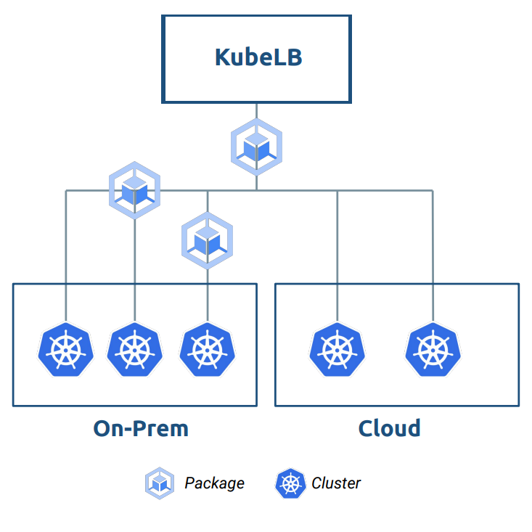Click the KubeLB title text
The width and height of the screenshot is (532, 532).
click(x=258, y=57)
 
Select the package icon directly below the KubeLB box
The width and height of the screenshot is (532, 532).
click(x=256, y=147)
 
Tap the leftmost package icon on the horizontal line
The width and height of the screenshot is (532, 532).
click(x=134, y=190)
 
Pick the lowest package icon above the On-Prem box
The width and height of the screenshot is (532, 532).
click(x=207, y=240)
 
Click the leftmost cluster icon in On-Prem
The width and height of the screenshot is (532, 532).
click(x=66, y=350)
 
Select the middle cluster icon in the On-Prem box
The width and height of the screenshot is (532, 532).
click(x=134, y=350)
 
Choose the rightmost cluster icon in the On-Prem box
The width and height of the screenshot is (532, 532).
click(x=207, y=350)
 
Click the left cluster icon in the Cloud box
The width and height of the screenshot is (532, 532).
click(x=337, y=350)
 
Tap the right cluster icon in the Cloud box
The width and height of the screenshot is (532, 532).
click(x=433, y=350)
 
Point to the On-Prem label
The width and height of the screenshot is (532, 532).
click(x=141, y=428)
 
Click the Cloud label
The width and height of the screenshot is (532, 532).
click(x=390, y=428)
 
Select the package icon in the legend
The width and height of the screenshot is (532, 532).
click(x=160, y=483)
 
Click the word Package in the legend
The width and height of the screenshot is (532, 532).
click(x=214, y=483)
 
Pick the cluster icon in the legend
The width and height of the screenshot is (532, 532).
click(x=290, y=483)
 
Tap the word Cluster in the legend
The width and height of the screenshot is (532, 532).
click(x=336, y=483)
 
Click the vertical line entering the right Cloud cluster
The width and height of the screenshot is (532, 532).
click(x=433, y=254)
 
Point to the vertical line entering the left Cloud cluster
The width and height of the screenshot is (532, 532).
click(x=337, y=254)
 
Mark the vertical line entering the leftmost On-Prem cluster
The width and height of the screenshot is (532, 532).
click(x=66, y=254)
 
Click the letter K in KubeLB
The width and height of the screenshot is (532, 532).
click(x=223, y=57)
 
